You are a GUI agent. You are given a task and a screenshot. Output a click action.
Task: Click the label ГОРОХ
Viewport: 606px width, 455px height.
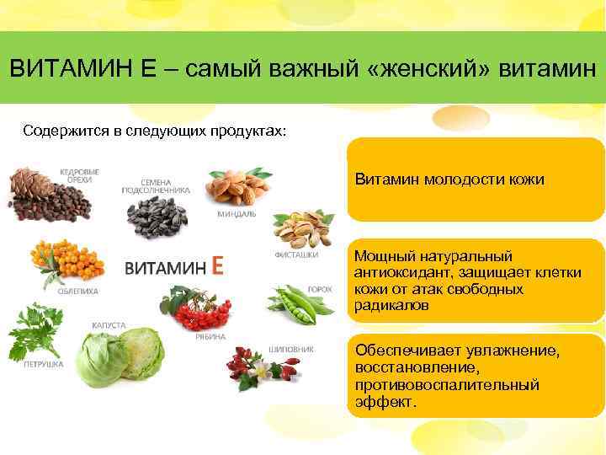[320, 288]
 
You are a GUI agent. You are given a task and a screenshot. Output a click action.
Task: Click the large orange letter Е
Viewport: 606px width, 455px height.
[218, 265]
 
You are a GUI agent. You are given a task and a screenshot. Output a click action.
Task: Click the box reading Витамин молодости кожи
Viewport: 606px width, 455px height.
[476, 179]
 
